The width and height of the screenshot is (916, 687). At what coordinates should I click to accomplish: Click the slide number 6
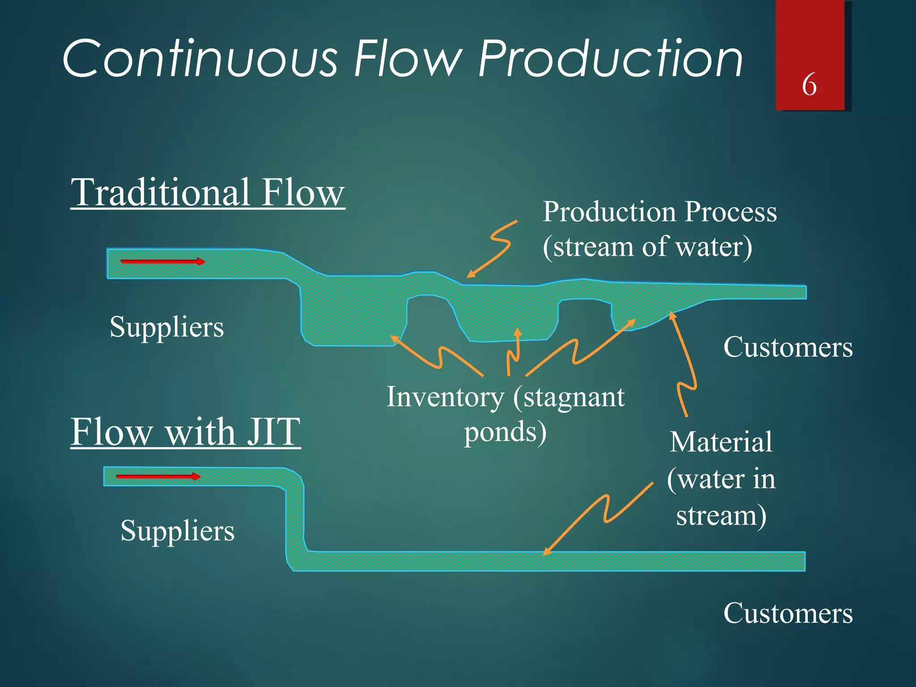(809, 85)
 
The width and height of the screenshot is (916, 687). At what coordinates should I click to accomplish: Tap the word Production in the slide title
(611, 59)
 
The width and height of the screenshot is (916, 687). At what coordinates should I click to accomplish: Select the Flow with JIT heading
(185, 432)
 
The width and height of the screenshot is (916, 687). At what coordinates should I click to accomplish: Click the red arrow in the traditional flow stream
(163, 262)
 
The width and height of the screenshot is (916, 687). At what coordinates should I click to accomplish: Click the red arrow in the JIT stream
(158, 477)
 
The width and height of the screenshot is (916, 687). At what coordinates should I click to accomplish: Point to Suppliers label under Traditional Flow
(166, 327)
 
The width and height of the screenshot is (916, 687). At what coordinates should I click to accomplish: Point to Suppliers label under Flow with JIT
(177, 531)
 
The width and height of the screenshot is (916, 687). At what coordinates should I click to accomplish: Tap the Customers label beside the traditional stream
(788, 348)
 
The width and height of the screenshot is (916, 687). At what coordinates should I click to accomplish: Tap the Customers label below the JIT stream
(788, 613)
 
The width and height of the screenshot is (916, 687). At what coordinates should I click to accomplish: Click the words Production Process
(659, 212)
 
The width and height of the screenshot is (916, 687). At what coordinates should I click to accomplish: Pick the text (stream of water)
(647, 247)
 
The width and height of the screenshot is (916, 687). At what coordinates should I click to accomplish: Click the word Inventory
(445, 397)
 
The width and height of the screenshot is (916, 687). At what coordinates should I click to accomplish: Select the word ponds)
(505, 433)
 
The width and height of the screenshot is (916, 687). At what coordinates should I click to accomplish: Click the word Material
(721, 442)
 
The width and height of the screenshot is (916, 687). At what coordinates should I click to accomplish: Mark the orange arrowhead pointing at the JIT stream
(547, 552)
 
